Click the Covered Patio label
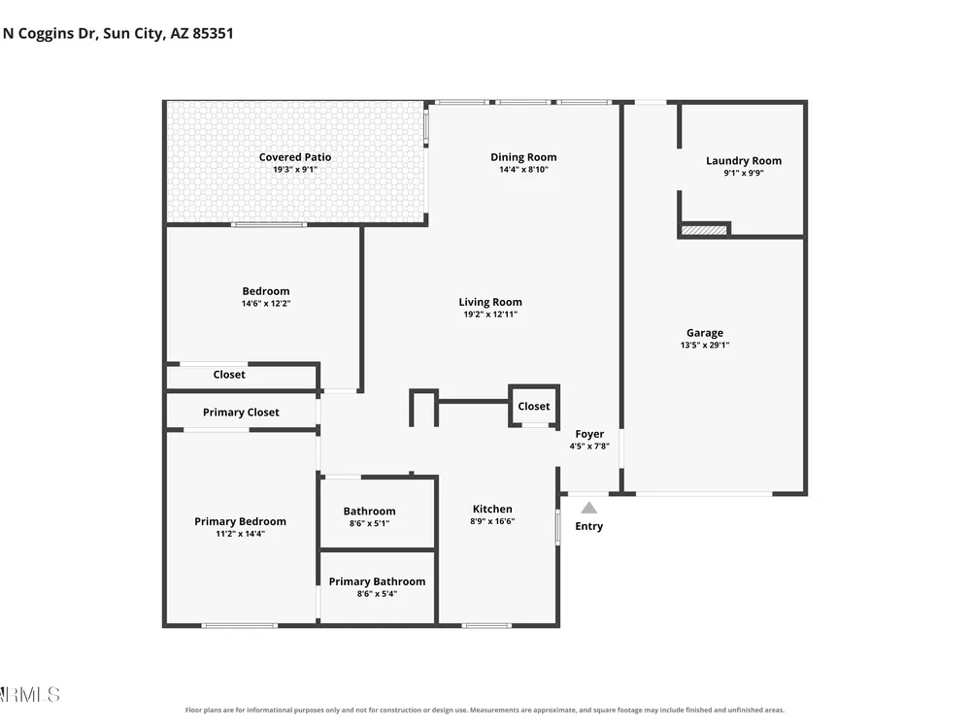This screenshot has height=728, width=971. click(295, 157)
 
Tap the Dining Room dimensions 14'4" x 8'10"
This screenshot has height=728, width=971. click(523, 170)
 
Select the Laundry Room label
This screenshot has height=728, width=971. click(744, 161)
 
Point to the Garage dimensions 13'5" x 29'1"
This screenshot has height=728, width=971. click(705, 346)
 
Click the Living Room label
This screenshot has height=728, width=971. click(490, 302)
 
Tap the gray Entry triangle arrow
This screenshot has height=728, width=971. click(589, 509)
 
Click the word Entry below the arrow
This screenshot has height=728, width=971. click(589, 526)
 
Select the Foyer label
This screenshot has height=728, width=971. click(589, 434)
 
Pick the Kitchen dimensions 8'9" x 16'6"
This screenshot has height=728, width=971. click(492, 521)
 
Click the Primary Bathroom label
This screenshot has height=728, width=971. click(377, 581)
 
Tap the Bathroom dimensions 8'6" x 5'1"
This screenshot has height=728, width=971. click(369, 524)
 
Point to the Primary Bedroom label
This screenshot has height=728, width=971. click(240, 522)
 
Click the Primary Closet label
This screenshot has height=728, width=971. click(241, 413)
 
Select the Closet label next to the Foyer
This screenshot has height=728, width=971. click(534, 406)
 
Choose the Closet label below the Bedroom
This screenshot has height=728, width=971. click(229, 375)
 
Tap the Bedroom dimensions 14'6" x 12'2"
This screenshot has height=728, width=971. click(266, 304)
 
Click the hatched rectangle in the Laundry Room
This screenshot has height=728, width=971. click(704, 230)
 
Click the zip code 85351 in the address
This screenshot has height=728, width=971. click(213, 33)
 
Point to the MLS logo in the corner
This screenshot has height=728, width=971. click(30, 695)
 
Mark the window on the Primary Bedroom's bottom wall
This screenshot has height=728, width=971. click(239, 626)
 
